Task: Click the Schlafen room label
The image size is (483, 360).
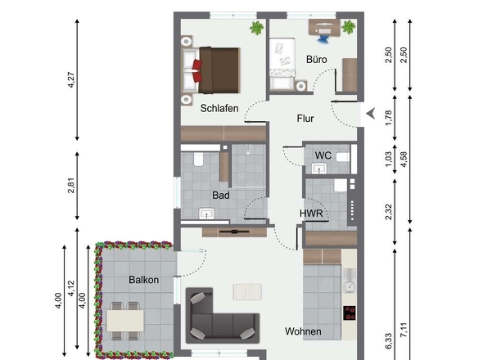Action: pos(219,108)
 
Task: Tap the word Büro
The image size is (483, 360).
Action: pos(316,59)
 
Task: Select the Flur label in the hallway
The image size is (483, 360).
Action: pos(305,119)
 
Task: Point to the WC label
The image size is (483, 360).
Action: pos(323,155)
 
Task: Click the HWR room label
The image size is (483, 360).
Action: pos(311,213)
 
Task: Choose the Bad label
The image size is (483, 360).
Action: pos(221,196)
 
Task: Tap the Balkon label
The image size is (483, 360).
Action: pos(144,280)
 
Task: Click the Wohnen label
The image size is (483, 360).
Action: pos(303,331)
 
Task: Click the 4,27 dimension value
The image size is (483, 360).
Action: pos(71,80)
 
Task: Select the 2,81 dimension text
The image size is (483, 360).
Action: pos(71,186)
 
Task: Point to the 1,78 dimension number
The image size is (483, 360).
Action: pos(388,117)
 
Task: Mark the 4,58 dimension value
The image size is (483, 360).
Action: pos(404,160)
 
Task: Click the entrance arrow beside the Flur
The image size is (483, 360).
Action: pos(371,114)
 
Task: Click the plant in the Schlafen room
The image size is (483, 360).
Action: pos(257,28)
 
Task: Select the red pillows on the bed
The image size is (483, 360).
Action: pos(197,71)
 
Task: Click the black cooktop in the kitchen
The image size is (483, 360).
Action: pos(350,313)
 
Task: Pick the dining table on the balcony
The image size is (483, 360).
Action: pos(125,321)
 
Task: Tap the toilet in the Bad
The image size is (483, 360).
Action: pos(198,160)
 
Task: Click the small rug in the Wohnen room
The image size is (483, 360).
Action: pos(248,292)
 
